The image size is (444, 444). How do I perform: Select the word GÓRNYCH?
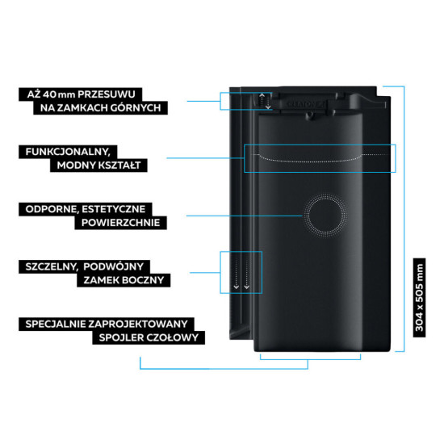coord(136,108)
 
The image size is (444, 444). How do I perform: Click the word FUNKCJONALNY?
coord(67,152)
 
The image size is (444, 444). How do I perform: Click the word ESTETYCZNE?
coord(114,209)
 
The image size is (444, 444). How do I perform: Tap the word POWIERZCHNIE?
coord(121,223)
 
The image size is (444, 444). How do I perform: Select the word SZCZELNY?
coord(51,266)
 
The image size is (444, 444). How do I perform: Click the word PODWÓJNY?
coord(114,266)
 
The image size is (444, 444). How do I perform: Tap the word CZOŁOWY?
coord(173,337)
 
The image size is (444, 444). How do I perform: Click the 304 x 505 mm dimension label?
coord(419,298)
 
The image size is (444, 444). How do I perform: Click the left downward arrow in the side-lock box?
coord(237,273)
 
